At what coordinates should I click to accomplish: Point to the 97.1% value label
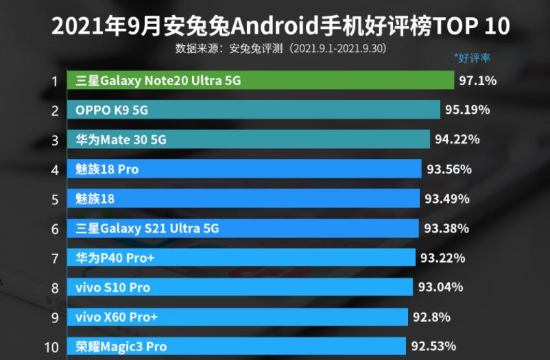point(477,81)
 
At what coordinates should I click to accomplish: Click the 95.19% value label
point(467,110)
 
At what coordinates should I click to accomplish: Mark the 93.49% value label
point(446,199)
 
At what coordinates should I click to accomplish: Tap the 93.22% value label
point(442,258)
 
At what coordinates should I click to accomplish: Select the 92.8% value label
point(432,317)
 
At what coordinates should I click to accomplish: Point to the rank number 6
point(54,229)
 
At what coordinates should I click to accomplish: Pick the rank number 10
point(51,347)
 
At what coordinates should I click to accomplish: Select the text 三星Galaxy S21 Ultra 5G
point(147,228)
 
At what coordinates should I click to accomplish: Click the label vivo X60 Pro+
point(117,317)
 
